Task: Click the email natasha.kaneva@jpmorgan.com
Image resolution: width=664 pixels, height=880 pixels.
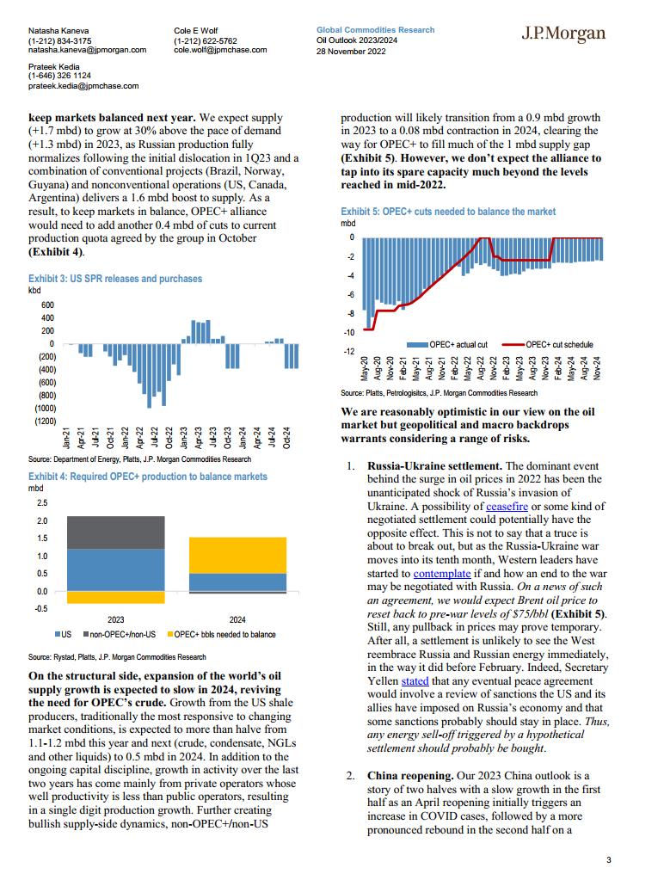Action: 87,50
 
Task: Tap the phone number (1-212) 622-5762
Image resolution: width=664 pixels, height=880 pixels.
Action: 206,40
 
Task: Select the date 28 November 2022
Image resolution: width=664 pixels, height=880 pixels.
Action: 351,51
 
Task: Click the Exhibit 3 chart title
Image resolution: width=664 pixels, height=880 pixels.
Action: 115,279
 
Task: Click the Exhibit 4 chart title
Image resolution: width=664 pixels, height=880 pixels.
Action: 147,476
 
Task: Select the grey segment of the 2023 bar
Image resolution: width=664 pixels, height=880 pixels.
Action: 115,532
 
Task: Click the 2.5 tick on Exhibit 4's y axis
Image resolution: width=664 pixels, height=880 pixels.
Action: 42,502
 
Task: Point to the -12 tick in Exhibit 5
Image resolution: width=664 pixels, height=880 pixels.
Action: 349,351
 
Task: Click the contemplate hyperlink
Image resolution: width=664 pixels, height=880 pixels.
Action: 442,572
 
